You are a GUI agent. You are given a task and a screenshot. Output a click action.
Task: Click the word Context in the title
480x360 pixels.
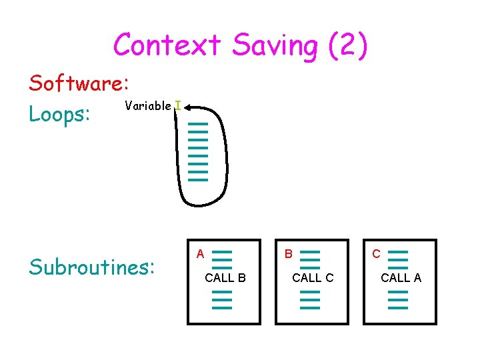tap(167, 45)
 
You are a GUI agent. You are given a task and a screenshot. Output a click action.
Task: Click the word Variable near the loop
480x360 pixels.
tap(147, 106)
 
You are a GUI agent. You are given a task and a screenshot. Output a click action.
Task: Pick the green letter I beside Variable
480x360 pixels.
tap(177, 106)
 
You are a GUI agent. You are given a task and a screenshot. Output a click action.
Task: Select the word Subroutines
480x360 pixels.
tap(91, 267)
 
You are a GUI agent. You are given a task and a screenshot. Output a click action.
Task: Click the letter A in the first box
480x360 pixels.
tap(199, 254)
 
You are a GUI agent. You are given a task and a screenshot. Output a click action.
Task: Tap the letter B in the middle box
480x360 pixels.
tap(288, 254)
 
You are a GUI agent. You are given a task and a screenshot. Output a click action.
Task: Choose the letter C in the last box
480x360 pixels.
tap(376, 254)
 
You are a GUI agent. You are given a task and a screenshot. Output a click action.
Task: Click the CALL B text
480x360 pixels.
tap(225, 278)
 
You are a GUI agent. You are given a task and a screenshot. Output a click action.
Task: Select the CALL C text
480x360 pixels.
tap(313, 278)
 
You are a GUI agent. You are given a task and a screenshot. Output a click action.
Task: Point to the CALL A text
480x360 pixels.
tap(401, 278)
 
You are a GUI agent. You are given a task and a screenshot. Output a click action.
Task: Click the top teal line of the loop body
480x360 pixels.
tap(199, 123)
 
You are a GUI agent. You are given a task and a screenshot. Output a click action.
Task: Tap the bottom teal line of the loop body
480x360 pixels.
tap(199, 179)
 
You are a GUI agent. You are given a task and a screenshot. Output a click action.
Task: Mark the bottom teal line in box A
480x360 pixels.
tap(222, 307)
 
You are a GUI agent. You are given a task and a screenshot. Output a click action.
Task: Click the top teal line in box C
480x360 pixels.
tap(398, 252)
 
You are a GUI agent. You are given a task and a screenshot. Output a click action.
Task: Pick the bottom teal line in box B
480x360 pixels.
tap(310, 307)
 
